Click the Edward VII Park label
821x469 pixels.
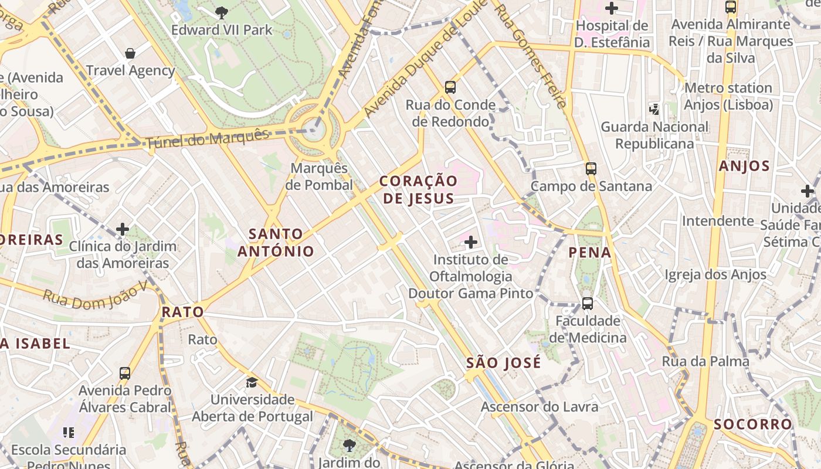[x=222, y=30]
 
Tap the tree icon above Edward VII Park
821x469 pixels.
[x=222, y=12]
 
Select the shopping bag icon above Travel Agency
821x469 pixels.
[x=130, y=53]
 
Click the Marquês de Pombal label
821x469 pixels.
[x=322, y=176]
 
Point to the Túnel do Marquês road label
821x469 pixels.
[x=208, y=138]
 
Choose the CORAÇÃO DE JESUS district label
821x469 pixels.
[x=418, y=189]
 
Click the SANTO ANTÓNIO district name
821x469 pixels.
[x=276, y=243]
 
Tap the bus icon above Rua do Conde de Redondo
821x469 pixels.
[x=450, y=87]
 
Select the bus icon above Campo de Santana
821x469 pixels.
[x=591, y=169]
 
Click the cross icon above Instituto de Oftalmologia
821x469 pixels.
[x=470, y=242]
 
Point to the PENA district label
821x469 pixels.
[x=590, y=253]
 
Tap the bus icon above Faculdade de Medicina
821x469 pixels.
[x=587, y=304]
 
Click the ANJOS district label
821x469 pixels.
[x=744, y=166]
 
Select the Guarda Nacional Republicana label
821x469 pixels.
[x=654, y=135]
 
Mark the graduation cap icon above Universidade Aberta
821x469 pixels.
[x=252, y=382]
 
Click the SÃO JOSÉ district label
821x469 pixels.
[x=504, y=363]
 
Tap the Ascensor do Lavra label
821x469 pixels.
[x=540, y=407]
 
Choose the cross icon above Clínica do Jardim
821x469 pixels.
[x=123, y=229]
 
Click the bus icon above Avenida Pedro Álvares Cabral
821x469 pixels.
[x=125, y=373]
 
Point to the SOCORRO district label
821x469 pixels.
[x=753, y=424]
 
